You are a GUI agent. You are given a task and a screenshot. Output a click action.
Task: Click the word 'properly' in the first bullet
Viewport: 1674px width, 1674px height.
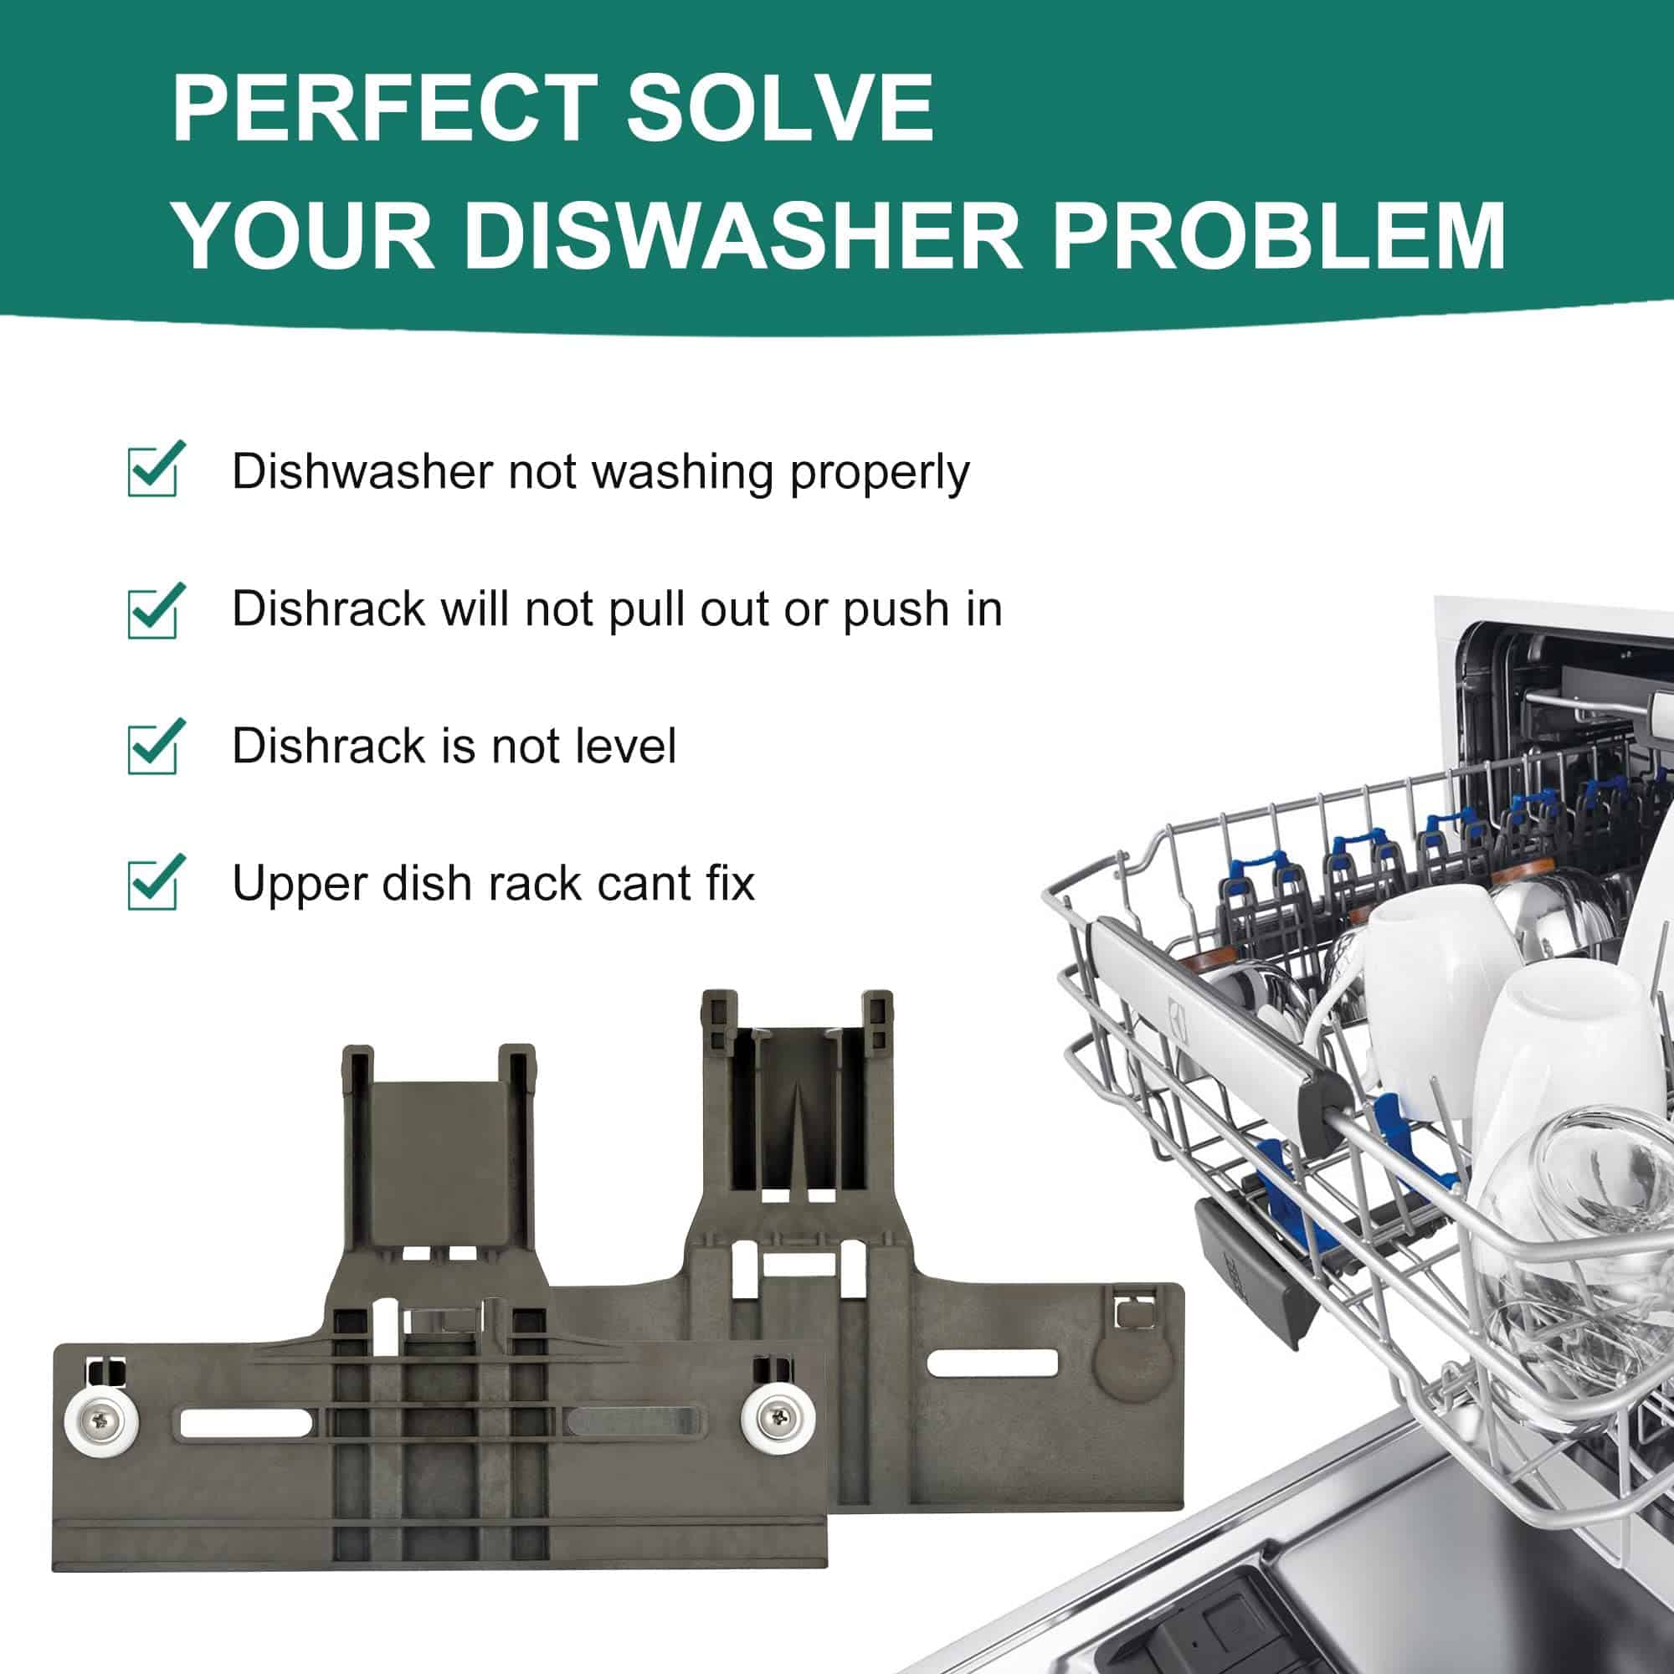click(879, 474)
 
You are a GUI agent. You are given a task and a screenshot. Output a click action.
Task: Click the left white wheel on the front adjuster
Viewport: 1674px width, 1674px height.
click(101, 1422)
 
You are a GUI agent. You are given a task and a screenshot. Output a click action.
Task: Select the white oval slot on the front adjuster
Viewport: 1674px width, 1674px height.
click(245, 1422)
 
